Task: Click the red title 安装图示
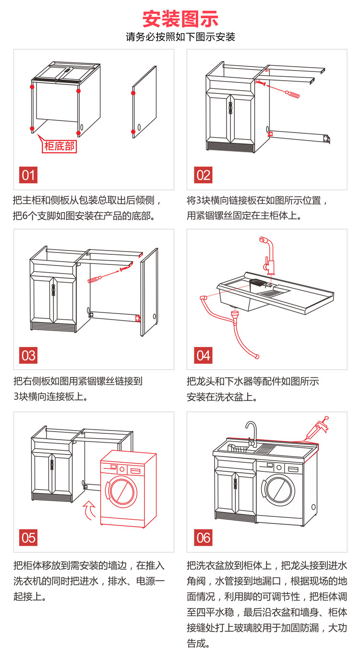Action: pos(180,19)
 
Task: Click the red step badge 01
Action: pos(29,175)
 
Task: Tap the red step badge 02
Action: pos(203,175)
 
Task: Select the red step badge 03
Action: pos(29,355)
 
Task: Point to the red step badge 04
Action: pos(203,355)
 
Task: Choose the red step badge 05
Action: pos(29,537)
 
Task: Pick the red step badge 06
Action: pos(203,537)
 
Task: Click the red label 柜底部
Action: pos(60,146)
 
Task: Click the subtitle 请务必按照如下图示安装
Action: pos(180,37)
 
